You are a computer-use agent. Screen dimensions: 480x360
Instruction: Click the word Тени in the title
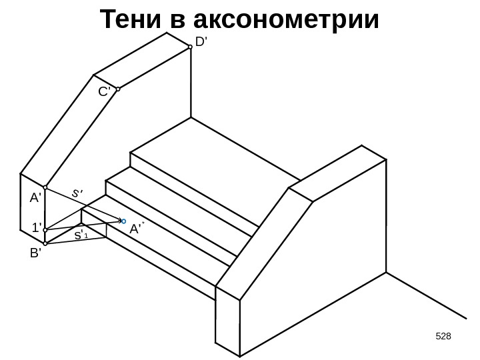click(x=131, y=21)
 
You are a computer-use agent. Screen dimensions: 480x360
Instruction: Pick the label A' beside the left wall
click(x=35, y=198)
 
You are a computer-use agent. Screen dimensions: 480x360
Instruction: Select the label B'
click(x=35, y=253)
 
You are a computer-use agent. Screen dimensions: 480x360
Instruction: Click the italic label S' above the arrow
click(x=79, y=193)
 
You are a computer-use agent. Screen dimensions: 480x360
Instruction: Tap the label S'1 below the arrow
click(x=81, y=236)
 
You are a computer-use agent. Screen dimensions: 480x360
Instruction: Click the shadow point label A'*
click(x=137, y=229)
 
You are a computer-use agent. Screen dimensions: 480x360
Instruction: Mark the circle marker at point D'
click(x=190, y=47)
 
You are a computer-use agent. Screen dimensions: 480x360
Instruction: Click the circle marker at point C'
click(x=118, y=89)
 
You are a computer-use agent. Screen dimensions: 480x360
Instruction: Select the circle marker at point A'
click(x=45, y=188)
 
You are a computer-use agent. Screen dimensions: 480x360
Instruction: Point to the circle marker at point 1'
click(x=45, y=230)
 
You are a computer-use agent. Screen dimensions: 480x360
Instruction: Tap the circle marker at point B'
click(x=45, y=244)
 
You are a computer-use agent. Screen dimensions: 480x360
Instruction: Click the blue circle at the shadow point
click(x=124, y=220)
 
